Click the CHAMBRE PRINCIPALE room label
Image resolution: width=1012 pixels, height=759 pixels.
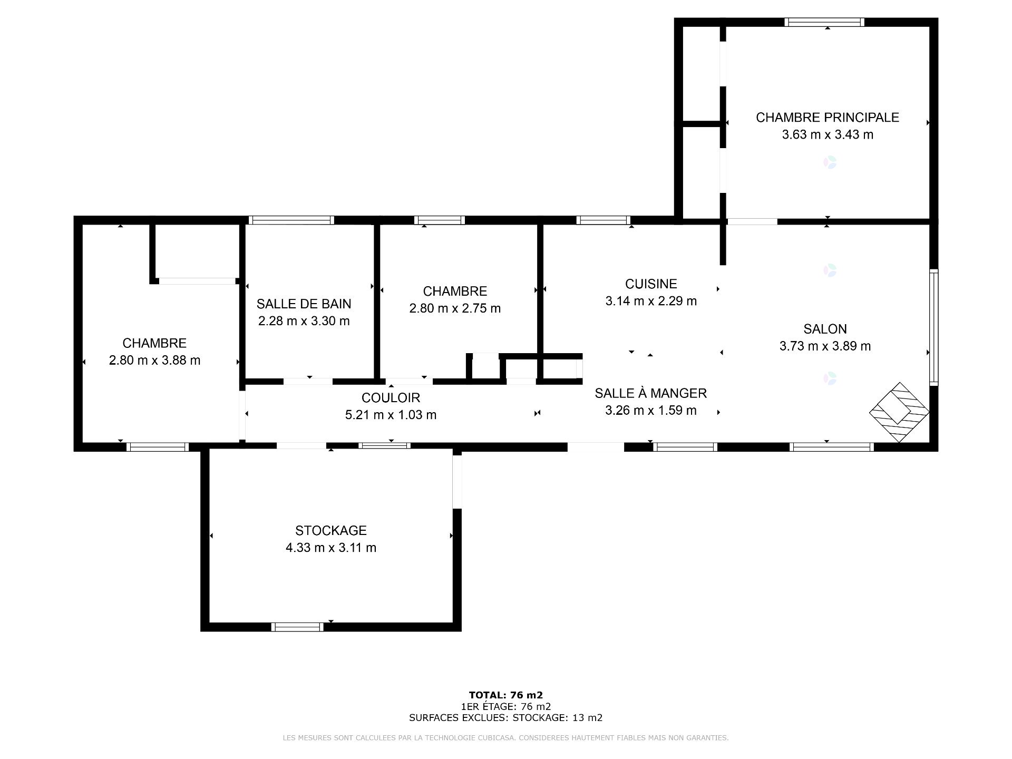point(827,118)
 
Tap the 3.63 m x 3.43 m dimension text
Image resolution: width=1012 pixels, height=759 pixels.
point(828,135)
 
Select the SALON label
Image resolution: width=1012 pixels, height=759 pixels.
point(825,329)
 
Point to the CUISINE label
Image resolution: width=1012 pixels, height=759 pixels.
point(651,284)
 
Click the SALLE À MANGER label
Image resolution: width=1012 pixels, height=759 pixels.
point(651,393)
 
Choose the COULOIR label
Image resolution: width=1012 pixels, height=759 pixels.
point(391,398)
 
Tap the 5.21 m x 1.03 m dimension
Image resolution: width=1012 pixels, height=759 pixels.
point(391,415)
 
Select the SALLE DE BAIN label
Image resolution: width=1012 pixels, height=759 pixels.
point(304,304)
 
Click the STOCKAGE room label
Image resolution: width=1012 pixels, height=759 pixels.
point(331,531)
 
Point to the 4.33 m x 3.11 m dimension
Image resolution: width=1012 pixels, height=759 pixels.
point(331,548)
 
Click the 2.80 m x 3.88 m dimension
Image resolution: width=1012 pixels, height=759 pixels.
point(154,361)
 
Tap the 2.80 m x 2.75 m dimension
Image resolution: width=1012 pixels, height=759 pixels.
point(455,309)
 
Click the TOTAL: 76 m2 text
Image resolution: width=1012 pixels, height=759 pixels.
point(505,695)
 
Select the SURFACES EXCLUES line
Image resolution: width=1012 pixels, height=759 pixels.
point(505,718)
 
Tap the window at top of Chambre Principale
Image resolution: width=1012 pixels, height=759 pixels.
point(824,22)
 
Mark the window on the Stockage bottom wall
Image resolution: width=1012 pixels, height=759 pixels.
point(298,627)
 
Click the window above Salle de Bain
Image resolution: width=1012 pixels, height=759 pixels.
point(291,220)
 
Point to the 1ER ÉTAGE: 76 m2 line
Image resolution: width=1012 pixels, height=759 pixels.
point(505,707)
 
